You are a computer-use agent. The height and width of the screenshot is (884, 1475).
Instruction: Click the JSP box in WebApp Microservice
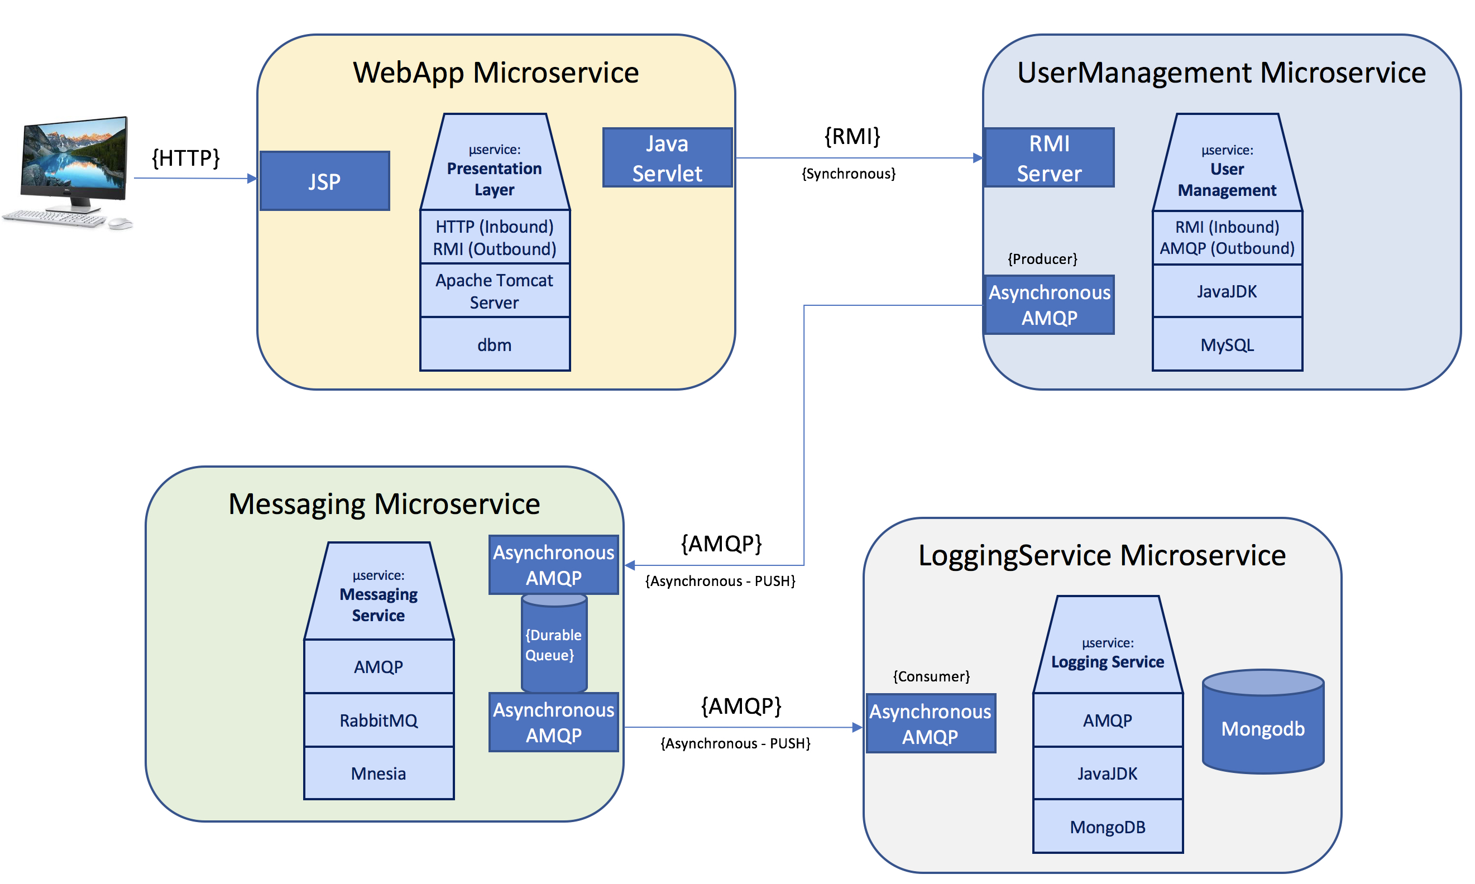point(325,180)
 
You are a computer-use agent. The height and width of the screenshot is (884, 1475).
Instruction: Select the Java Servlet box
point(667,158)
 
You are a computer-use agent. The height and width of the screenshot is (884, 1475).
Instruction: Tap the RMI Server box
point(1048,158)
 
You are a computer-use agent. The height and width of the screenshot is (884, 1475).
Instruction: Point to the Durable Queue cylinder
point(553,644)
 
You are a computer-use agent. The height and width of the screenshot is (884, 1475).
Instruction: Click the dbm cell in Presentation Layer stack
point(495,344)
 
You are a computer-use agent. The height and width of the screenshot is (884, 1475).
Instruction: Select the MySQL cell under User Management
point(1227,344)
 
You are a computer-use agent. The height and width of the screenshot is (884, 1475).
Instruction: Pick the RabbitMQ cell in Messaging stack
point(379,719)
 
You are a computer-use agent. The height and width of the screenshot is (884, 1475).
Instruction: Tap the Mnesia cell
point(379,773)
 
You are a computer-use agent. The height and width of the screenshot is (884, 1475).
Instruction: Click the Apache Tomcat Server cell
point(495,291)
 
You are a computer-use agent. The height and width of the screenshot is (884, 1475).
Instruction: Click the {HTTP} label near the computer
point(186,158)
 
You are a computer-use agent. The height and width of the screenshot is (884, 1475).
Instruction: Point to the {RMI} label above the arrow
point(852,136)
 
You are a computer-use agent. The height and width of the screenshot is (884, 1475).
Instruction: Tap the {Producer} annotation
point(1042,258)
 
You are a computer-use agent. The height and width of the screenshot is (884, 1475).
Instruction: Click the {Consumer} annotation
point(931,676)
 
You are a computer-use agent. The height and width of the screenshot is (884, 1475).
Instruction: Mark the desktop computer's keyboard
point(55,218)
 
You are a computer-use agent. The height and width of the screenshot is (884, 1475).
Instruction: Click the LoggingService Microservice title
point(1102,555)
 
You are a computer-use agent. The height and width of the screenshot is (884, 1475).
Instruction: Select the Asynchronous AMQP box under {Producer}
point(1048,305)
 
